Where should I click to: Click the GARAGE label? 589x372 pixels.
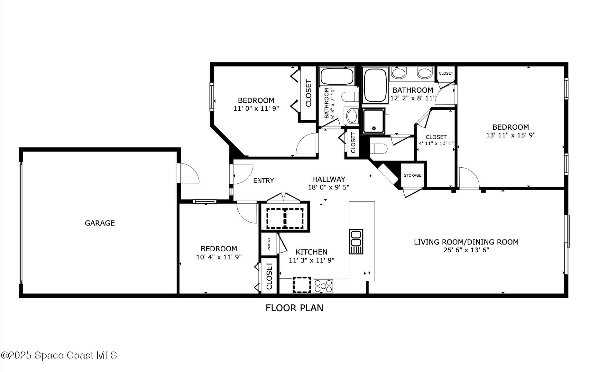point(100,223)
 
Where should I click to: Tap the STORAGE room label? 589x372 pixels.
point(412,175)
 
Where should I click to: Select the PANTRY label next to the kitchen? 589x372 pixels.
point(269,244)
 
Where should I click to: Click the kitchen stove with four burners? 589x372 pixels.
point(323,286)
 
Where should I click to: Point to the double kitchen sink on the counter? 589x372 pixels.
point(356,242)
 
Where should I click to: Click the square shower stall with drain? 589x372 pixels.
point(373,121)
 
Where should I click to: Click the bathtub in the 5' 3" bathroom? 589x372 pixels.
point(336,76)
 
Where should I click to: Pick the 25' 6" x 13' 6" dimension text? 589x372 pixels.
point(466,250)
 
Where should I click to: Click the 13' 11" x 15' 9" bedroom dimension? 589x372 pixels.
point(511,135)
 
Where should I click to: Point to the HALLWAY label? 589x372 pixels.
point(328,179)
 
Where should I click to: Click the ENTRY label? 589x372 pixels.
point(263,181)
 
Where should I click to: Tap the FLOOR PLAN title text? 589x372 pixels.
point(294,308)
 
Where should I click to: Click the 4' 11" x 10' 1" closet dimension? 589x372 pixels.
point(436,144)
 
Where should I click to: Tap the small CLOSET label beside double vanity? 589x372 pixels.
point(446,73)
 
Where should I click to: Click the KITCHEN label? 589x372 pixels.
point(311,252)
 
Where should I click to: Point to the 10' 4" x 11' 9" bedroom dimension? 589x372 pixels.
point(219,257)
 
